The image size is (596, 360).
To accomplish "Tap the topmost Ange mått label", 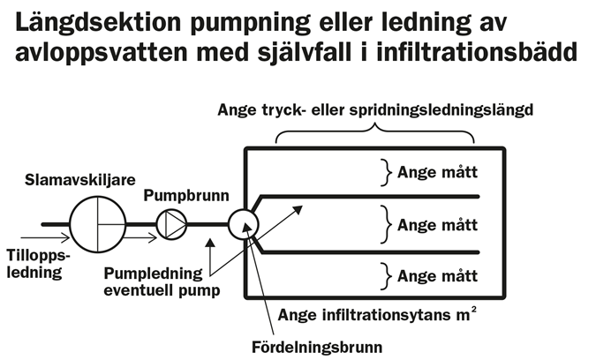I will coord(437,172).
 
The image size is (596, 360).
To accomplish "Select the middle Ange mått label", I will coord(437,223).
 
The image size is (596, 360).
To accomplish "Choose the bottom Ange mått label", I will coord(437,275).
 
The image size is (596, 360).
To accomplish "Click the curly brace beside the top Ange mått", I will coord(385,172).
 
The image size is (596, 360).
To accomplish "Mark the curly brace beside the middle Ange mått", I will coord(385,223).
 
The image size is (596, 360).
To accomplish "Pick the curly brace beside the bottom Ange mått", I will coord(385,275).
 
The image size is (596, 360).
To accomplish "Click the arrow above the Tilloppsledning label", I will coord(36,236).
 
